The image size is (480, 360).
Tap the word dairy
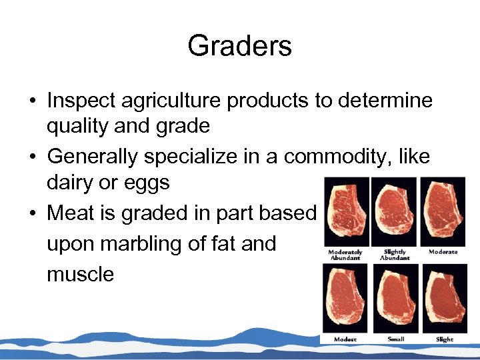pyautogui.click(x=71, y=182)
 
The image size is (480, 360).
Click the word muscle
pyautogui.click(x=80, y=274)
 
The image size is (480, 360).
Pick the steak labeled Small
pyautogui.click(x=395, y=300)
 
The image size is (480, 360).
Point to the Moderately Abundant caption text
pyautogui.click(x=345, y=254)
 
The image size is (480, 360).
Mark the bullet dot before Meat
pyautogui.click(x=31, y=213)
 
